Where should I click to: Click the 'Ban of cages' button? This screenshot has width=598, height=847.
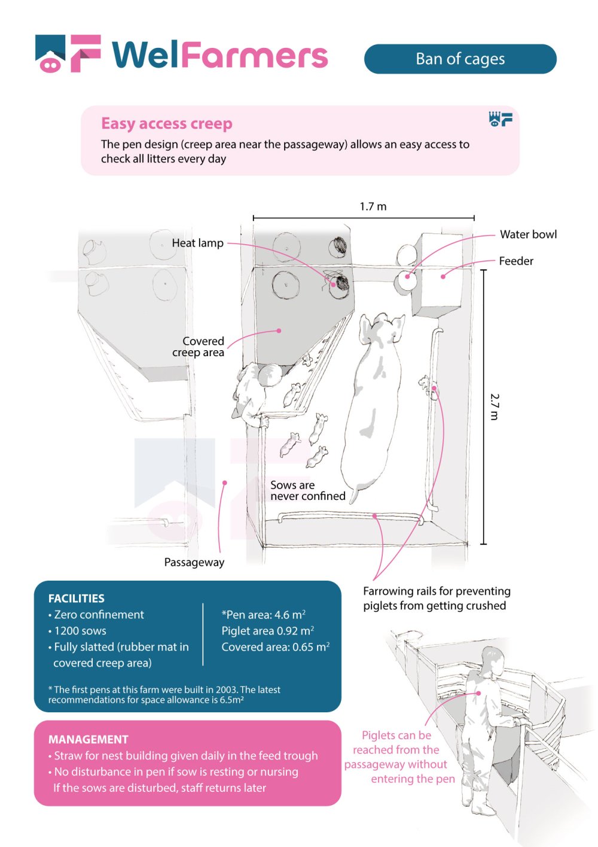460,59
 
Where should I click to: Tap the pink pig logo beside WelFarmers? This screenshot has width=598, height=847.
51,54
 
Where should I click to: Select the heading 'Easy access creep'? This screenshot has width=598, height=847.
166,123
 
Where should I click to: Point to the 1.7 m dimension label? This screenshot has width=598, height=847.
373,207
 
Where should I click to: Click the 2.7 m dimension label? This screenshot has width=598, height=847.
495,406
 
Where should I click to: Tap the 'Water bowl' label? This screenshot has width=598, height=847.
528,234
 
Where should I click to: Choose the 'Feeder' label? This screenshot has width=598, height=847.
516,261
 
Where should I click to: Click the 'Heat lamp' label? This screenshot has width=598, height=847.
197,243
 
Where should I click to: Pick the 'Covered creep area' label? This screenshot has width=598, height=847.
199,347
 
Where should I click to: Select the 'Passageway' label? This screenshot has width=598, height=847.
194,562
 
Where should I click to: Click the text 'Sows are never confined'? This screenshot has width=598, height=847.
307,490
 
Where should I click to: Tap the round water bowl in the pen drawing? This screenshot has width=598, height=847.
407,280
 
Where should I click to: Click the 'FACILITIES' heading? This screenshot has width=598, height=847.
77,598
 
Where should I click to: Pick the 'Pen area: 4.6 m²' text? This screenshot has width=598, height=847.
264,615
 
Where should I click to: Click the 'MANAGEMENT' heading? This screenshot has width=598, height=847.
89,739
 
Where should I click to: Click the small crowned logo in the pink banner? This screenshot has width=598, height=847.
501,119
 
